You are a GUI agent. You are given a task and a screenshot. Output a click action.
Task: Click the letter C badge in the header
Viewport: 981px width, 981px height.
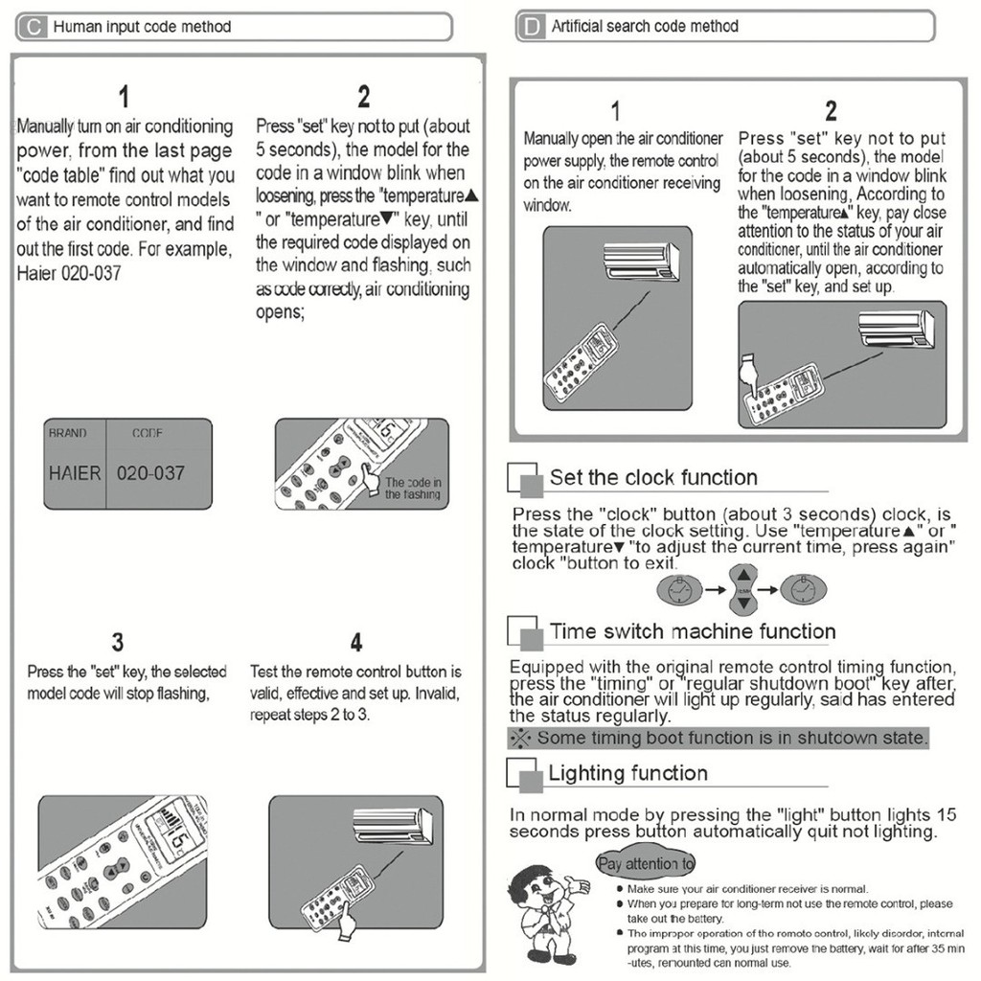pyautogui.click(x=34, y=27)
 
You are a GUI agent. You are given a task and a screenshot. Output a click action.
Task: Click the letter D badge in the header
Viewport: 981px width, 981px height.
pyautogui.click(x=530, y=27)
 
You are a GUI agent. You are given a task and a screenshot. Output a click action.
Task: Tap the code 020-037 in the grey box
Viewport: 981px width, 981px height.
pyautogui.click(x=150, y=472)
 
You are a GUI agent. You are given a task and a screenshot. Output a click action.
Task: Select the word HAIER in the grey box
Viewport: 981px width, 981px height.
pyautogui.click(x=75, y=472)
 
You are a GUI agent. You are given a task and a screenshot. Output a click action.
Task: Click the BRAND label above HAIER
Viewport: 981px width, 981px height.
pyautogui.click(x=67, y=433)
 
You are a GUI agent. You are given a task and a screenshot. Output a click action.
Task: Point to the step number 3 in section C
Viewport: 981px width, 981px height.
pyautogui.click(x=117, y=642)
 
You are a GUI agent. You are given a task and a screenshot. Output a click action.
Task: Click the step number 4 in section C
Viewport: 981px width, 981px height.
pyautogui.click(x=355, y=642)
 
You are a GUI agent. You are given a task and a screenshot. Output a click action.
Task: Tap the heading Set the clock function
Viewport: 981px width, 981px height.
pyautogui.click(x=653, y=477)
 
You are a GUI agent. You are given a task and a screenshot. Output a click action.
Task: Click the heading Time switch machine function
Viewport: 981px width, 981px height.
pyautogui.click(x=692, y=631)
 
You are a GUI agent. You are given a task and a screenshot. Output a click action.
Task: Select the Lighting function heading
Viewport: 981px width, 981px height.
pyautogui.click(x=627, y=773)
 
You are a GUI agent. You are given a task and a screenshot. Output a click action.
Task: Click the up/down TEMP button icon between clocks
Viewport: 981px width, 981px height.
pyautogui.click(x=744, y=589)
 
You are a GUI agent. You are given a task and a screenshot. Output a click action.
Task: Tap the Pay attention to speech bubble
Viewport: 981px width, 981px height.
pyautogui.click(x=646, y=863)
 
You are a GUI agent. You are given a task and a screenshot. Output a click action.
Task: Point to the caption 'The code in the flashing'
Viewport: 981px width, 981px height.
pyautogui.click(x=413, y=489)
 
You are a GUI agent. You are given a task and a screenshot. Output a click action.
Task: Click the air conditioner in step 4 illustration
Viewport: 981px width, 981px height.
pyautogui.click(x=393, y=823)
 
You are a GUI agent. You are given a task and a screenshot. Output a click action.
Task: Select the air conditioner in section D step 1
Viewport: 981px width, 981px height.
pyautogui.click(x=641, y=262)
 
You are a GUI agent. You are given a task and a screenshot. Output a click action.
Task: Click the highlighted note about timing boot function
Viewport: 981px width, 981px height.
pyautogui.click(x=719, y=738)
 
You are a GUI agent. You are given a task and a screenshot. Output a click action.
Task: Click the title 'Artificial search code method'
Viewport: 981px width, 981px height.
pyautogui.click(x=645, y=26)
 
